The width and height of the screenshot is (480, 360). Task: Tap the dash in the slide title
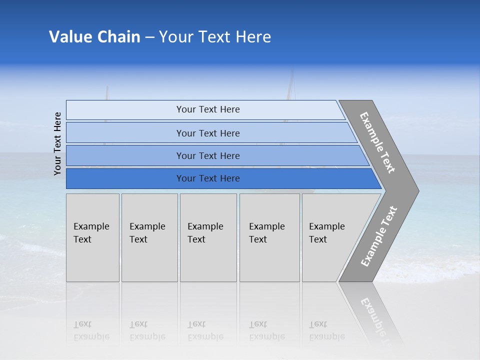pos(149,37)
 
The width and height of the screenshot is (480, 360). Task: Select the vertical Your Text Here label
pos(57,143)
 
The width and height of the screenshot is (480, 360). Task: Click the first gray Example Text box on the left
pos(92,237)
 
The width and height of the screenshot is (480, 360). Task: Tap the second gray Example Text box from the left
pos(149,237)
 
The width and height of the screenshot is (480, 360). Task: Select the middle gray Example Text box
pos(208,237)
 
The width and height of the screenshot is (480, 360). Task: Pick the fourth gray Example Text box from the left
pos(269,237)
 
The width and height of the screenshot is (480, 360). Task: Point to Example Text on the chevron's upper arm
pos(377,142)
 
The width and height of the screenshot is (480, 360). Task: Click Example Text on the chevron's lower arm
pos(379,236)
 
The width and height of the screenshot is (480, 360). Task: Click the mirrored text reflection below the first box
pos(91,330)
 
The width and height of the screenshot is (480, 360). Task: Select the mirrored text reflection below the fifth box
pos(327,330)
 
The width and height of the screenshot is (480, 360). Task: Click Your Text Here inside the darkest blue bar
pos(208,178)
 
